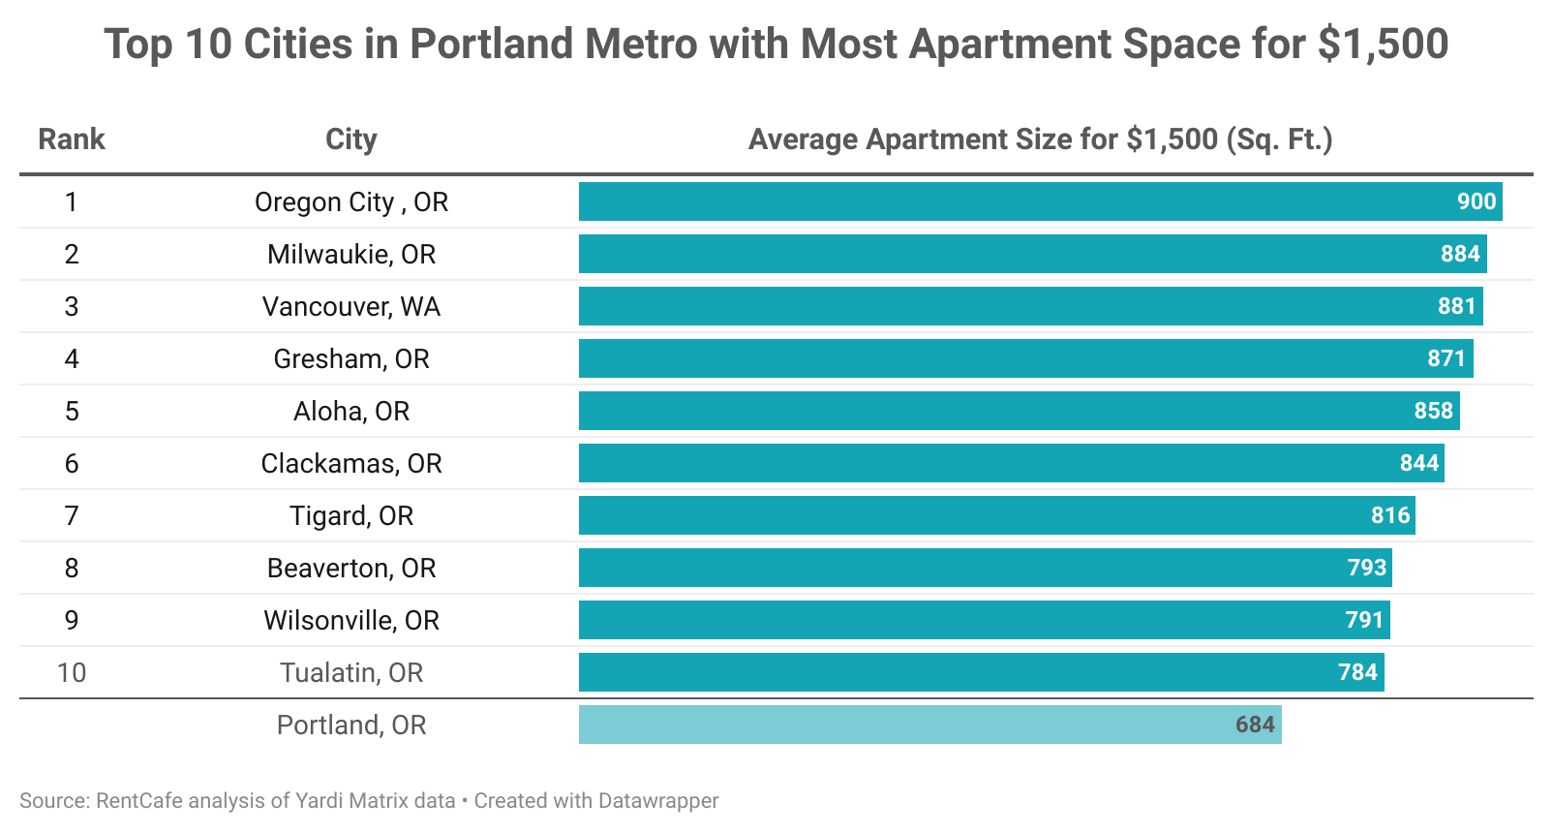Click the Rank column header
tap(71, 139)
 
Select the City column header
tap(350, 139)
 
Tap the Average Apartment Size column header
tap(1040, 139)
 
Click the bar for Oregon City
tap(1040, 201)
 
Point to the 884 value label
tap(1460, 254)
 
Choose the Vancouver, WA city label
tap(350, 307)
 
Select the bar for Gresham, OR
tap(1025, 358)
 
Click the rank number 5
tap(72, 412)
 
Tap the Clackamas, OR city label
tap(350, 464)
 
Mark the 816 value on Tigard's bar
tap(1389, 515)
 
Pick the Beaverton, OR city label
tap(350, 569)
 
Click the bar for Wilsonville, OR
tap(984, 620)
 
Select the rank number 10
tap(72, 673)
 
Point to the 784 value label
tap(1357, 672)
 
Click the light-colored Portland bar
tap(929, 725)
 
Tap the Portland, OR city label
tap(350, 725)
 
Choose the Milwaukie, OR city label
tap(350, 255)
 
